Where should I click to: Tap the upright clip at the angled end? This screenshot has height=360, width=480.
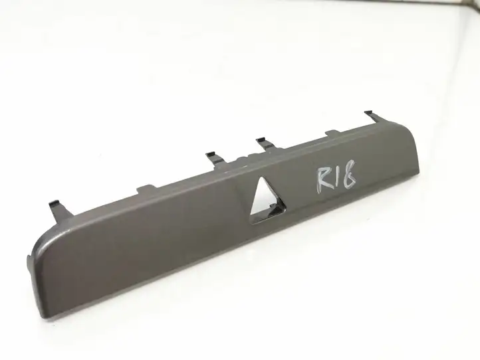pos(371,116)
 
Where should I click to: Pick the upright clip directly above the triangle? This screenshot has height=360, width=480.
pos(265,143)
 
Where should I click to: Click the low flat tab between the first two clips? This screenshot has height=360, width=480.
pos(146,189)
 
